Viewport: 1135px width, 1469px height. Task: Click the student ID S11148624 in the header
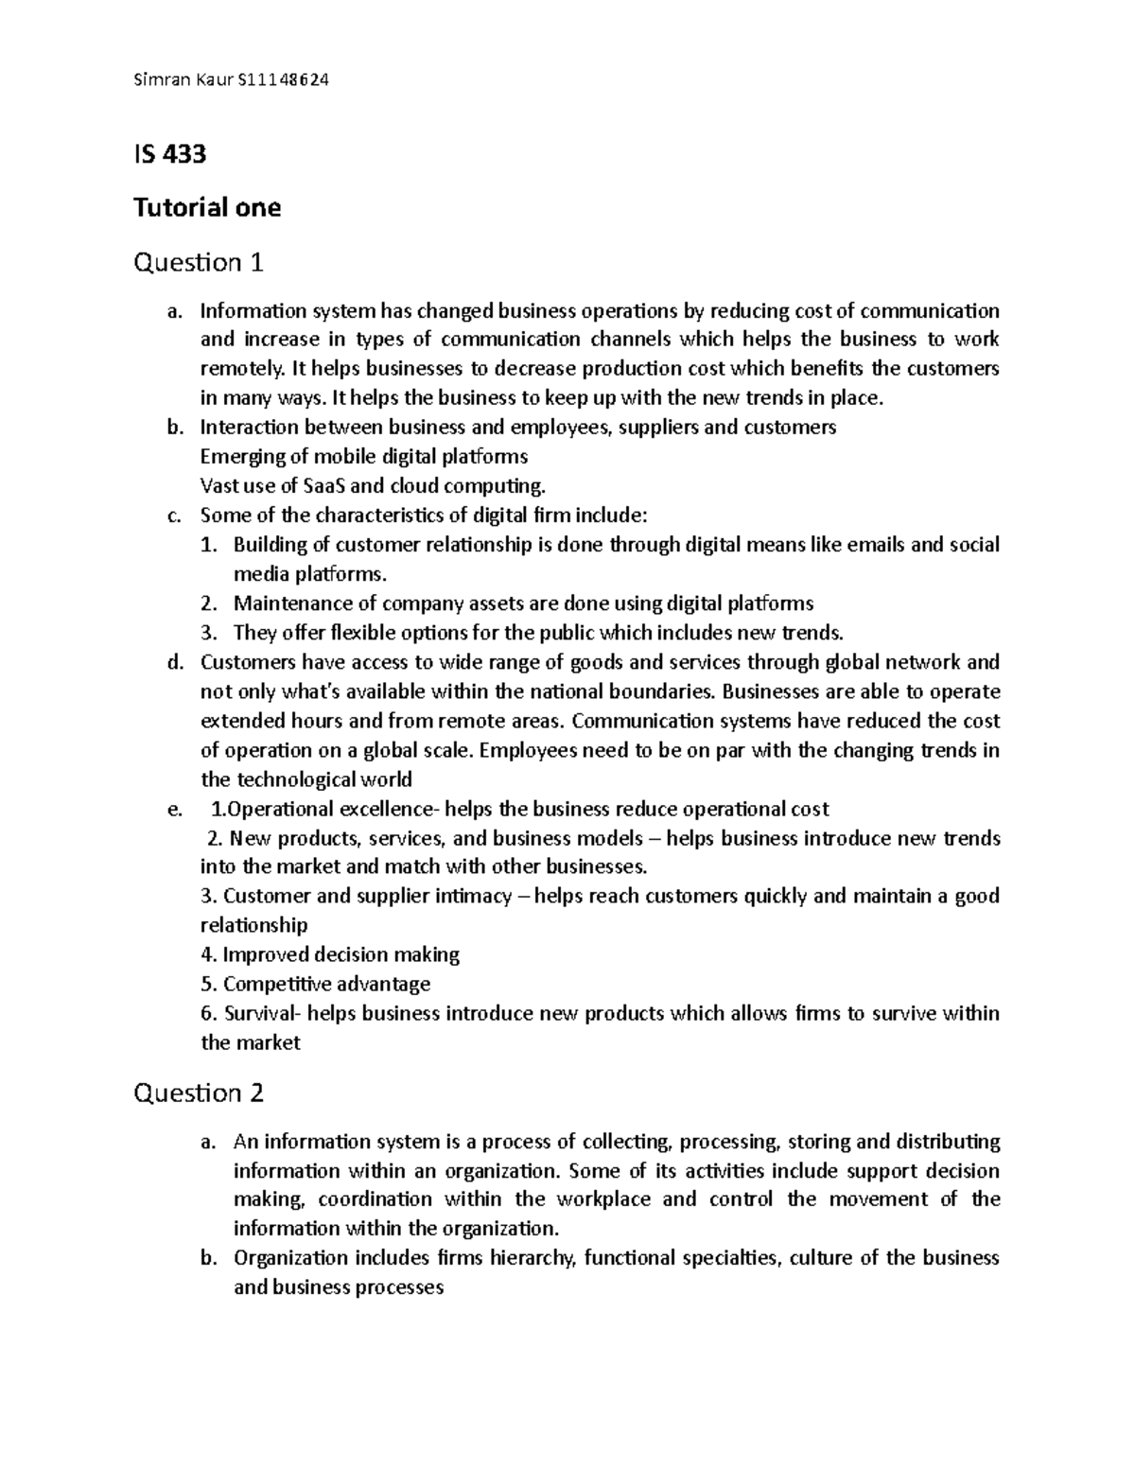click(x=280, y=80)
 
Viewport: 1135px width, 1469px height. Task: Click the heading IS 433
click(x=169, y=153)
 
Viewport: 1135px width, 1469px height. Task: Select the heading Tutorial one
click(x=207, y=207)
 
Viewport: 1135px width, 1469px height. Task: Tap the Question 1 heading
click(x=198, y=262)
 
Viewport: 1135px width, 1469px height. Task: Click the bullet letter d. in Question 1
click(x=172, y=662)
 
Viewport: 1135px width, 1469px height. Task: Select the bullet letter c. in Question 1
click(x=172, y=516)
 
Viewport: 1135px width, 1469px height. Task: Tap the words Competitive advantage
click(x=326, y=984)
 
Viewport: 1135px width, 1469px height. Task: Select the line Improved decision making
click(x=330, y=954)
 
